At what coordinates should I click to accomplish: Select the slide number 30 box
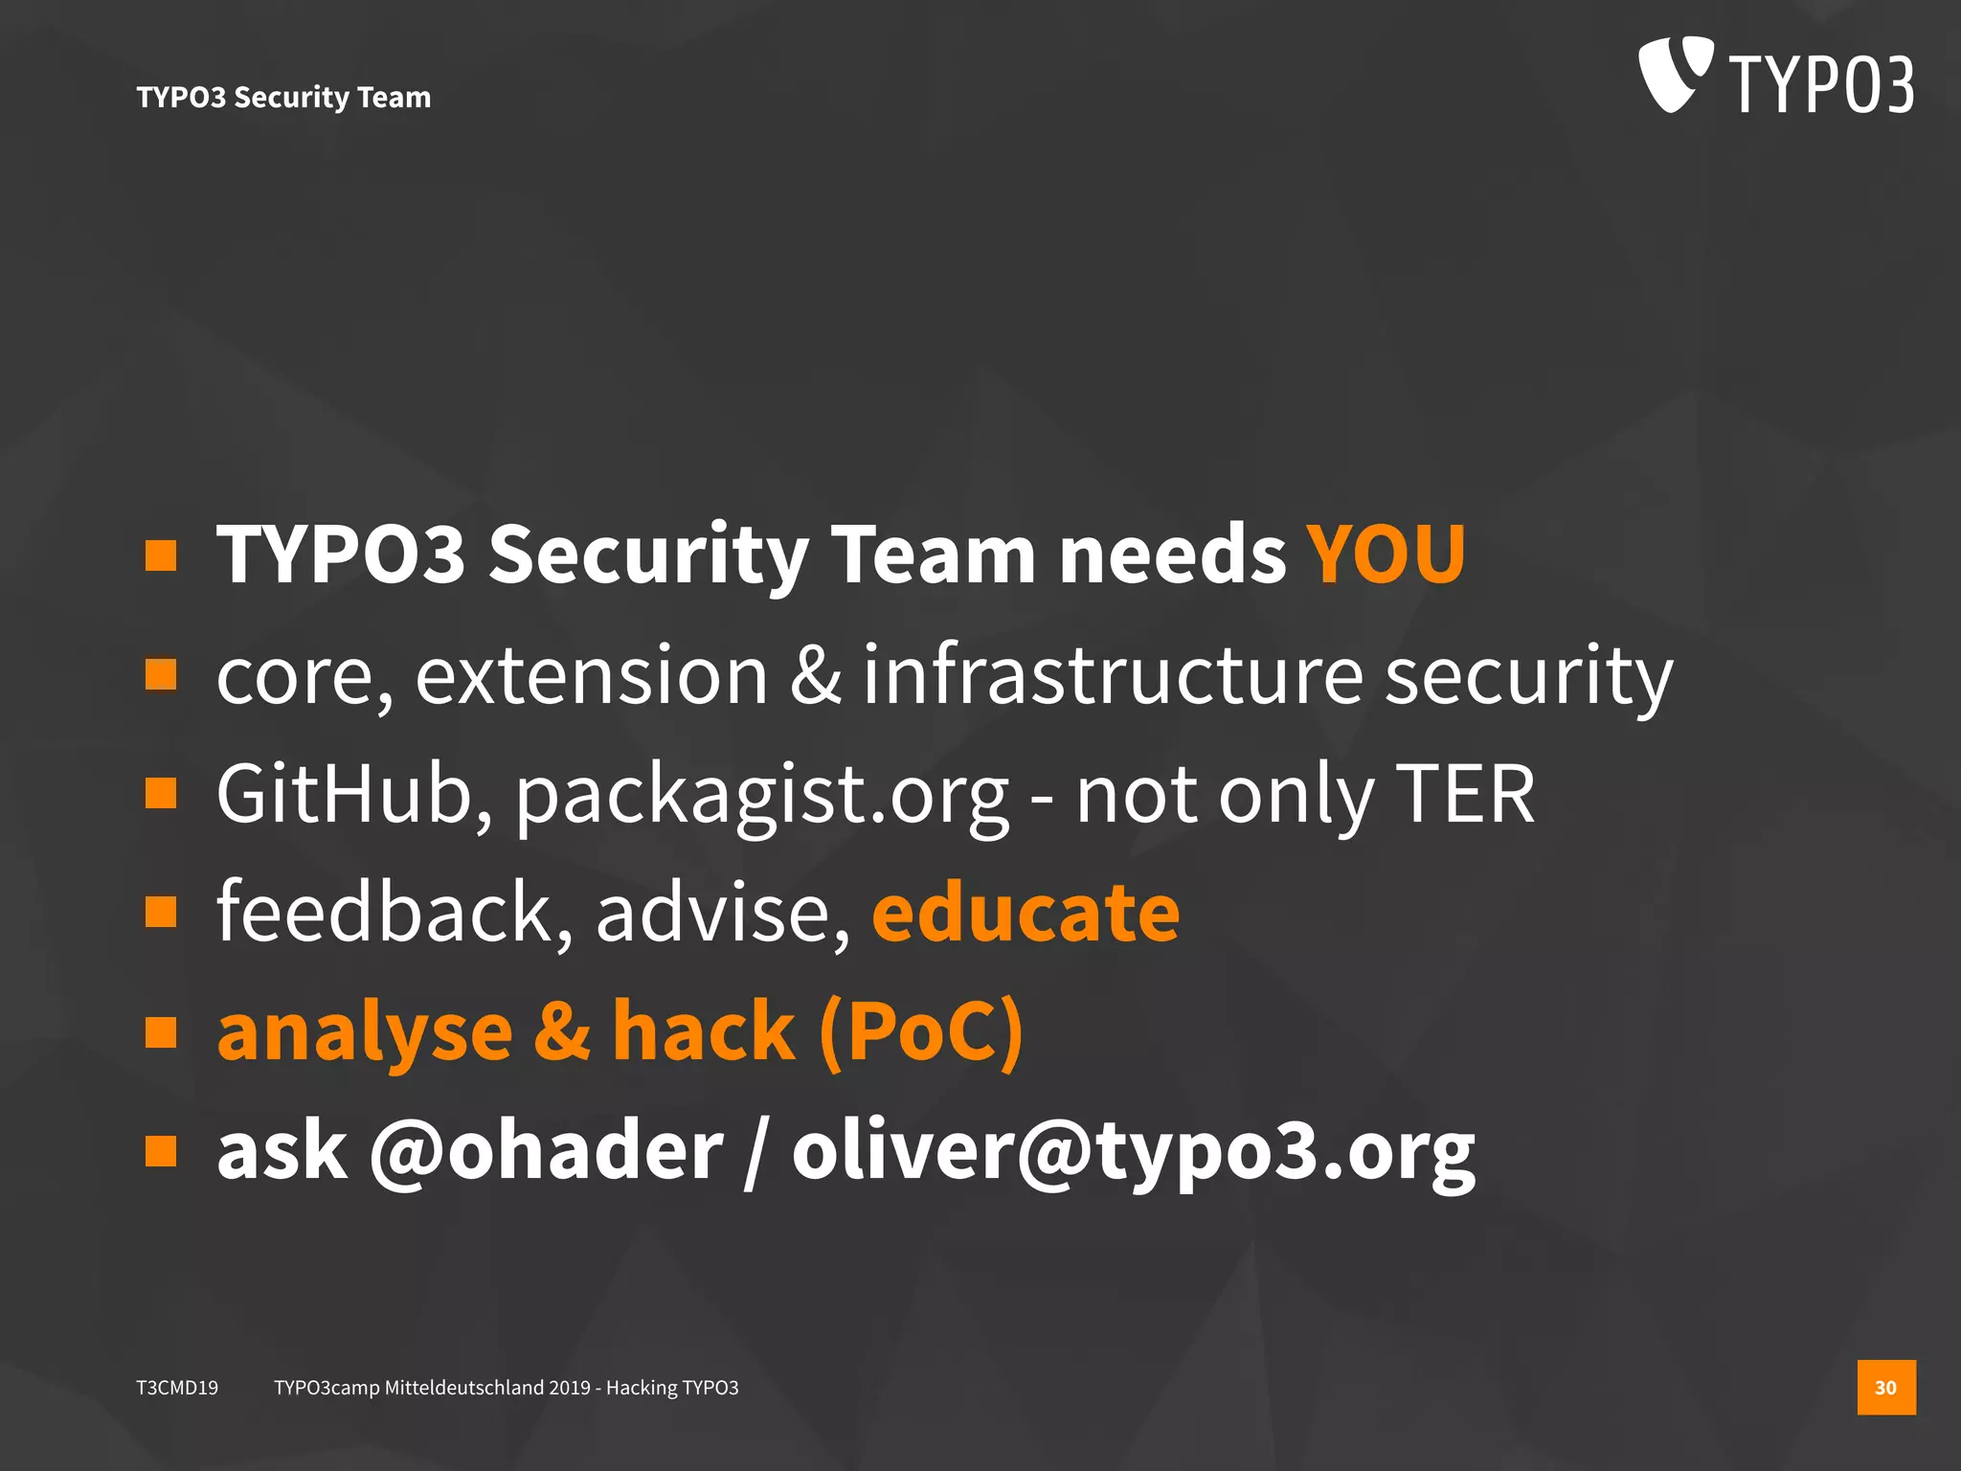tap(1885, 1387)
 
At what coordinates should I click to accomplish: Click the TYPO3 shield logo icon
tap(1674, 74)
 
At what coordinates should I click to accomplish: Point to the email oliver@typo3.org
tap(1133, 1151)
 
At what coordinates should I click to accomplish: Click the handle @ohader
tap(546, 1151)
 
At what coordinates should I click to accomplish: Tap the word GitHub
tap(354, 794)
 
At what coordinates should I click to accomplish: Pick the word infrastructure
tap(1113, 674)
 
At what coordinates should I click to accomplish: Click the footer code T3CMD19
tap(177, 1388)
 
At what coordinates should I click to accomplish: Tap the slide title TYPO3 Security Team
tap(283, 97)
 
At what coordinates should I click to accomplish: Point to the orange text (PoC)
tap(921, 1032)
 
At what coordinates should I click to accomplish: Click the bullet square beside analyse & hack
tap(161, 1032)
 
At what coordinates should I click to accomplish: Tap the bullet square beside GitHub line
tap(161, 793)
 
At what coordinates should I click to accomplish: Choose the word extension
tap(592, 675)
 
